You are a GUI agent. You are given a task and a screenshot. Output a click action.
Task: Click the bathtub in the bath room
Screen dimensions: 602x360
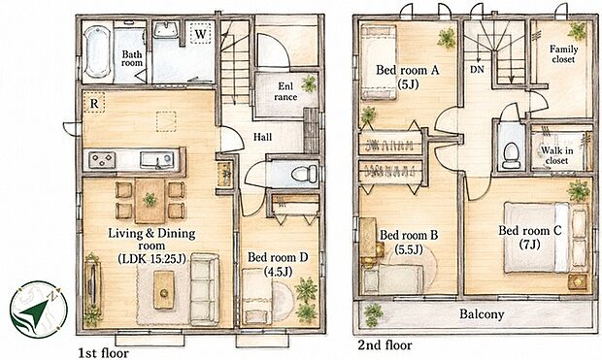click(x=95, y=51)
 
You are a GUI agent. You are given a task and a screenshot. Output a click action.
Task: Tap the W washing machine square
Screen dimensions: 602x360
click(x=200, y=34)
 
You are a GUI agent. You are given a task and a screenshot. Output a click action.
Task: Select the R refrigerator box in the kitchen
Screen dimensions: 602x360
click(x=94, y=103)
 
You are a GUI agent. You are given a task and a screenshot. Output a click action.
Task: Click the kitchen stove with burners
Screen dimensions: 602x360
click(x=102, y=160)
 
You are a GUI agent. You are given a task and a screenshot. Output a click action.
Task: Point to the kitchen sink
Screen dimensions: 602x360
click(x=156, y=160)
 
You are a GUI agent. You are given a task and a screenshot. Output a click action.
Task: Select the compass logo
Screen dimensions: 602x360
click(x=39, y=310)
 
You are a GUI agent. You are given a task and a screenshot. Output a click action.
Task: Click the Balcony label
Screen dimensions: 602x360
click(x=482, y=314)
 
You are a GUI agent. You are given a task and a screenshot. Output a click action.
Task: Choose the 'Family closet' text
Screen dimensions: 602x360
click(x=563, y=54)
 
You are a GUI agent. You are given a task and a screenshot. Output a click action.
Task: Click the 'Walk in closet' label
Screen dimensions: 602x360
click(x=556, y=155)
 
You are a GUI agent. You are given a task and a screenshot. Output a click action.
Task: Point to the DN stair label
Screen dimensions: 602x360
click(x=477, y=70)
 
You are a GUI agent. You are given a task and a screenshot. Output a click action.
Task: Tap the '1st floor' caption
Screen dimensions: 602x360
click(x=103, y=352)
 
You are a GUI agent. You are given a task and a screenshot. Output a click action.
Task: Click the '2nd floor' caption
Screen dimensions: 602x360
click(x=385, y=345)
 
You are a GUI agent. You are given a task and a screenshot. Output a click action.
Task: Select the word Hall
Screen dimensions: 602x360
click(x=262, y=137)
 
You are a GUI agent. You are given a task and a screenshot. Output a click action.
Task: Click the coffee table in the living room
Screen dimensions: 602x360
click(x=164, y=289)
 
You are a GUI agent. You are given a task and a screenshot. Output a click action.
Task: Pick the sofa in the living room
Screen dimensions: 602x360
click(x=205, y=289)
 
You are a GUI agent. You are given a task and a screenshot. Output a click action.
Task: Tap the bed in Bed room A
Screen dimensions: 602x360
click(x=379, y=62)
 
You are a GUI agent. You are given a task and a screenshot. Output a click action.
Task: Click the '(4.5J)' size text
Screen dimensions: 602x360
click(x=278, y=272)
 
